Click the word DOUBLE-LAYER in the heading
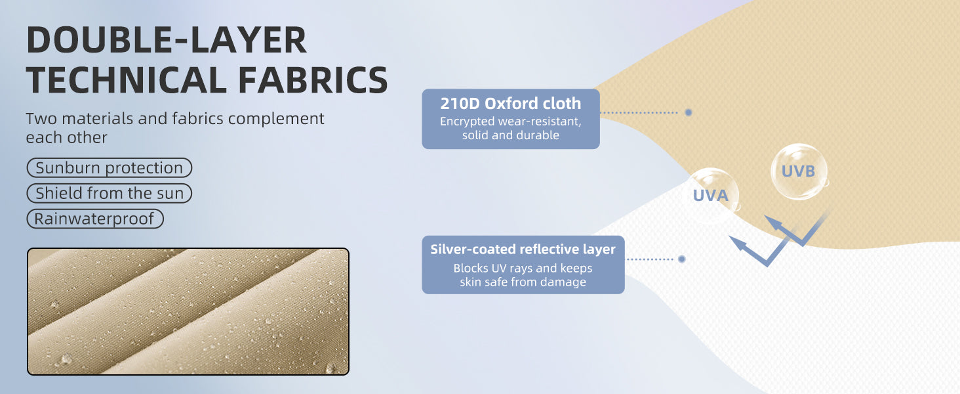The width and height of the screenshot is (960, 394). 167,40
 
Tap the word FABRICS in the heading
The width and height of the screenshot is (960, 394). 313,80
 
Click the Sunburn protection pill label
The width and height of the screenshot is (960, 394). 110,168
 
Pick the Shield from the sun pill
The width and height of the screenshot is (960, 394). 110,193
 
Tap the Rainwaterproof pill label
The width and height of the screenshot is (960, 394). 95,219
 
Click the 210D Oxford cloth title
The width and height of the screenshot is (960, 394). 510,104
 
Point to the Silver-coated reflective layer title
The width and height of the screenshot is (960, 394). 523,250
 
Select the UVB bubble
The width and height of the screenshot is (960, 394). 799,171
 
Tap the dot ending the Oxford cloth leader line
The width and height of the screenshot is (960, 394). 689,112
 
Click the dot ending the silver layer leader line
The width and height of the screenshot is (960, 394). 682,259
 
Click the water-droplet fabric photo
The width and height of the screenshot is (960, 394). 188,312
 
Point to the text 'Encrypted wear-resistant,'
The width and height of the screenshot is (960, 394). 510,121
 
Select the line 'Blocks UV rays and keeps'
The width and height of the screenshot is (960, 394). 523,268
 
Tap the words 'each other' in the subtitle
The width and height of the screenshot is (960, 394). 66,138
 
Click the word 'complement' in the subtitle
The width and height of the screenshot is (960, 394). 276,119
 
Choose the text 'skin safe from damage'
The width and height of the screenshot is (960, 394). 523,282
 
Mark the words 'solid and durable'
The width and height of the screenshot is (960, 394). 510,135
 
